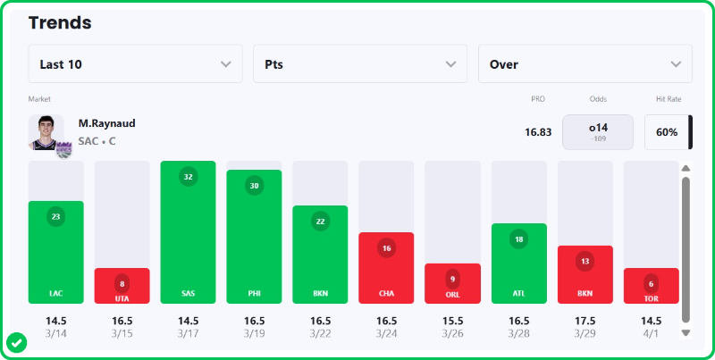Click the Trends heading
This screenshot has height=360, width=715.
[60, 21]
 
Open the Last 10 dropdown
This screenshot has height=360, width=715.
[135, 64]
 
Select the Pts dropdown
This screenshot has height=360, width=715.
[360, 64]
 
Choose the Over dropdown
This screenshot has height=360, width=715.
[585, 64]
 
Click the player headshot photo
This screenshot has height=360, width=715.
[46, 132]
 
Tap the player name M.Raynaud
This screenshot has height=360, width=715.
[106, 123]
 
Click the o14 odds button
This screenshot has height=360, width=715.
[598, 131]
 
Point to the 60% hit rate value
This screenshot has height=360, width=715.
[667, 132]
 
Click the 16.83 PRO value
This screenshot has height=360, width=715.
[538, 132]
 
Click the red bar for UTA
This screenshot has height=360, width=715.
[122, 286]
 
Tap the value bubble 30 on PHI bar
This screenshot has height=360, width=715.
[254, 186]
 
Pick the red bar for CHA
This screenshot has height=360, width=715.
[386, 268]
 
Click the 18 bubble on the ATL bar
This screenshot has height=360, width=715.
[518, 239]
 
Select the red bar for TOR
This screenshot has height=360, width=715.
[651, 286]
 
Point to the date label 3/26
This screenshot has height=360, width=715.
[452, 333]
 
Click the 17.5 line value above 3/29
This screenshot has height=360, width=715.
[585, 320]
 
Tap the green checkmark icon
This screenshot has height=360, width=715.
[16, 342]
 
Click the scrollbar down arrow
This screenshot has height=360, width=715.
[686, 332]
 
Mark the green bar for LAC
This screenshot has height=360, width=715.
[55, 252]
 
